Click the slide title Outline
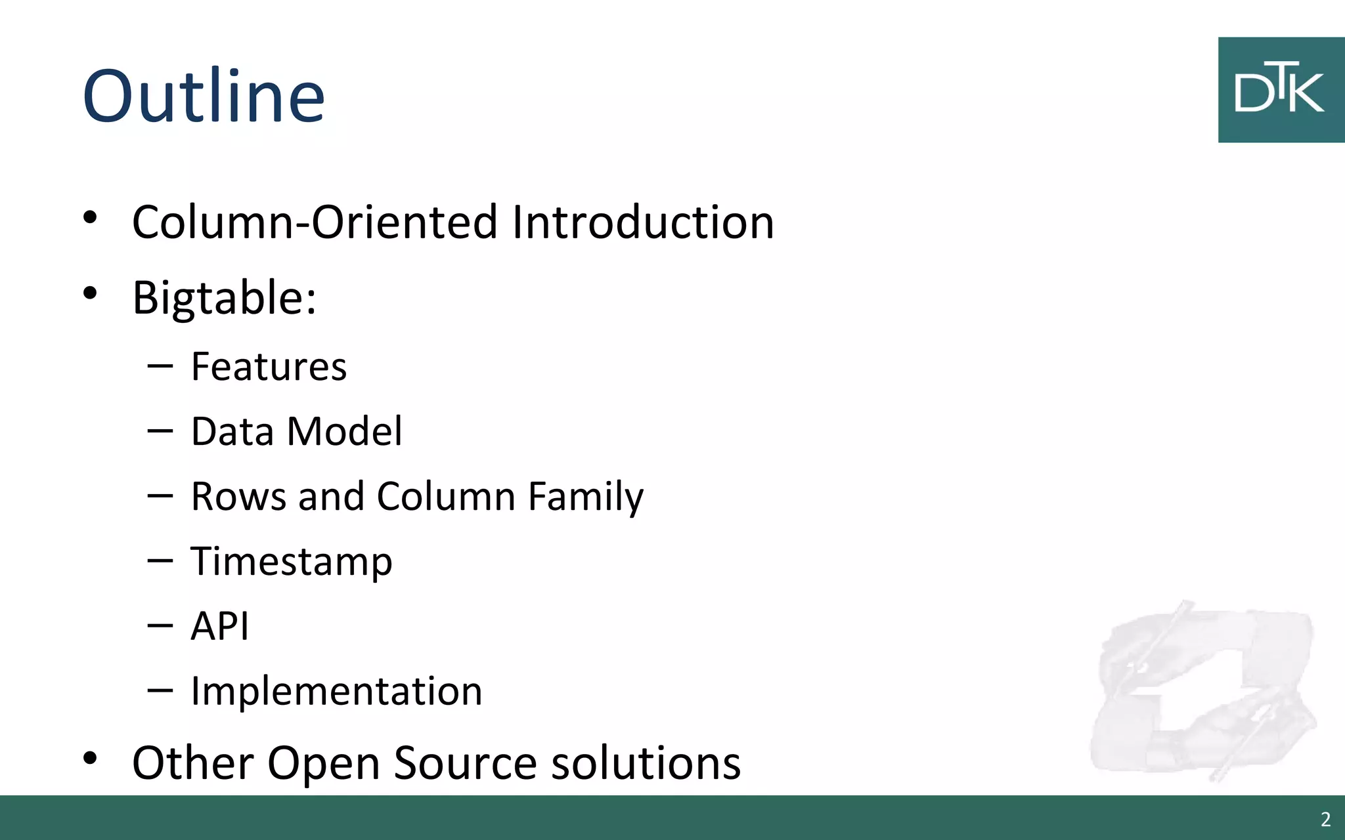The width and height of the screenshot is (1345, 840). pyautogui.click(x=204, y=96)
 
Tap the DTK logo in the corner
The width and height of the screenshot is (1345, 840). pyautogui.click(x=1280, y=90)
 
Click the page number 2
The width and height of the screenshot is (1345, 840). pyautogui.click(x=1325, y=819)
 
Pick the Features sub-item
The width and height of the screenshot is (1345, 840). pyautogui.click(x=269, y=366)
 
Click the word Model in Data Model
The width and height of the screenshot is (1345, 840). pyautogui.click(x=345, y=431)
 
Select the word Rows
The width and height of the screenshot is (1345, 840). pyautogui.click(x=238, y=496)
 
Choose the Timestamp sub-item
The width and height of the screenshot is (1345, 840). pyautogui.click(x=292, y=562)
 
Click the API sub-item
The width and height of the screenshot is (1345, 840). pyautogui.click(x=220, y=626)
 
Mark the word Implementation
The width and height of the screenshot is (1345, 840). pyautogui.click(x=336, y=691)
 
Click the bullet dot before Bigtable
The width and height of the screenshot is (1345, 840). pyautogui.click(x=90, y=293)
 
